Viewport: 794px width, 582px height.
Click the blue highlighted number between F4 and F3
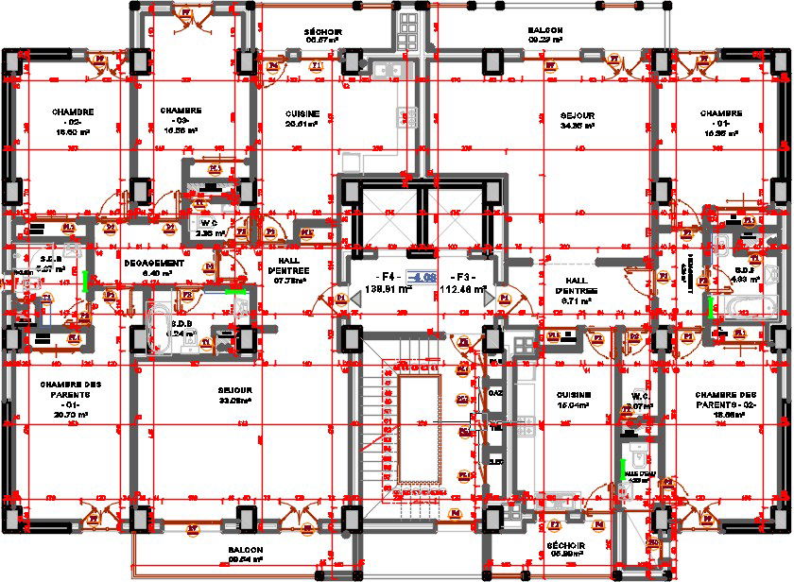[x=422, y=277]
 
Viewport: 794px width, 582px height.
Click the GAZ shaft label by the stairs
[x=493, y=392]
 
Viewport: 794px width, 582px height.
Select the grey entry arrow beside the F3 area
[x=490, y=299]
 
